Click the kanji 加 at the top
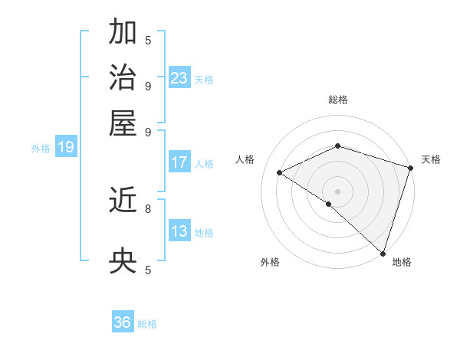(123, 32)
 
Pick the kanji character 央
(123, 262)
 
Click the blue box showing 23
(179, 77)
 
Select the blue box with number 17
(179, 162)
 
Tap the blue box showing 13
(179, 231)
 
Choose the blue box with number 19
(66, 147)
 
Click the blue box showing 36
(123, 322)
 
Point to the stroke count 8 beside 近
(148, 208)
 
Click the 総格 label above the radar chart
(337, 100)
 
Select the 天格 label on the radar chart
(431, 159)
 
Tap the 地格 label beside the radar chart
(402, 262)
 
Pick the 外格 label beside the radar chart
(270, 262)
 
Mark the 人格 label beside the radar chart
(245, 159)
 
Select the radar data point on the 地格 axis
(383, 253)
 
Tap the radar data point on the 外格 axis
(329, 204)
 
